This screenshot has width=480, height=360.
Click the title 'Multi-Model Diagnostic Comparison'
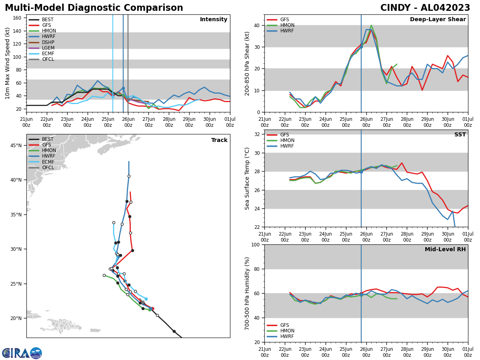click(94, 8)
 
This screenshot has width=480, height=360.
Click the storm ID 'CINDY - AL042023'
click(425, 8)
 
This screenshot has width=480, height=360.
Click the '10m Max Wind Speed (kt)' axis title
click(8, 63)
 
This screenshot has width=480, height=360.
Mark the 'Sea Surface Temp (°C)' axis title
click(248, 178)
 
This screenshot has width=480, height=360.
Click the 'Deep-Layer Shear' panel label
click(438, 20)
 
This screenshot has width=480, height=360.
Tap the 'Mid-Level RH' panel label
click(445, 250)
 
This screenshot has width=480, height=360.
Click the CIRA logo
click(22, 353)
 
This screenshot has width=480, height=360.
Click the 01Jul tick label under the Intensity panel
click(230, 122)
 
